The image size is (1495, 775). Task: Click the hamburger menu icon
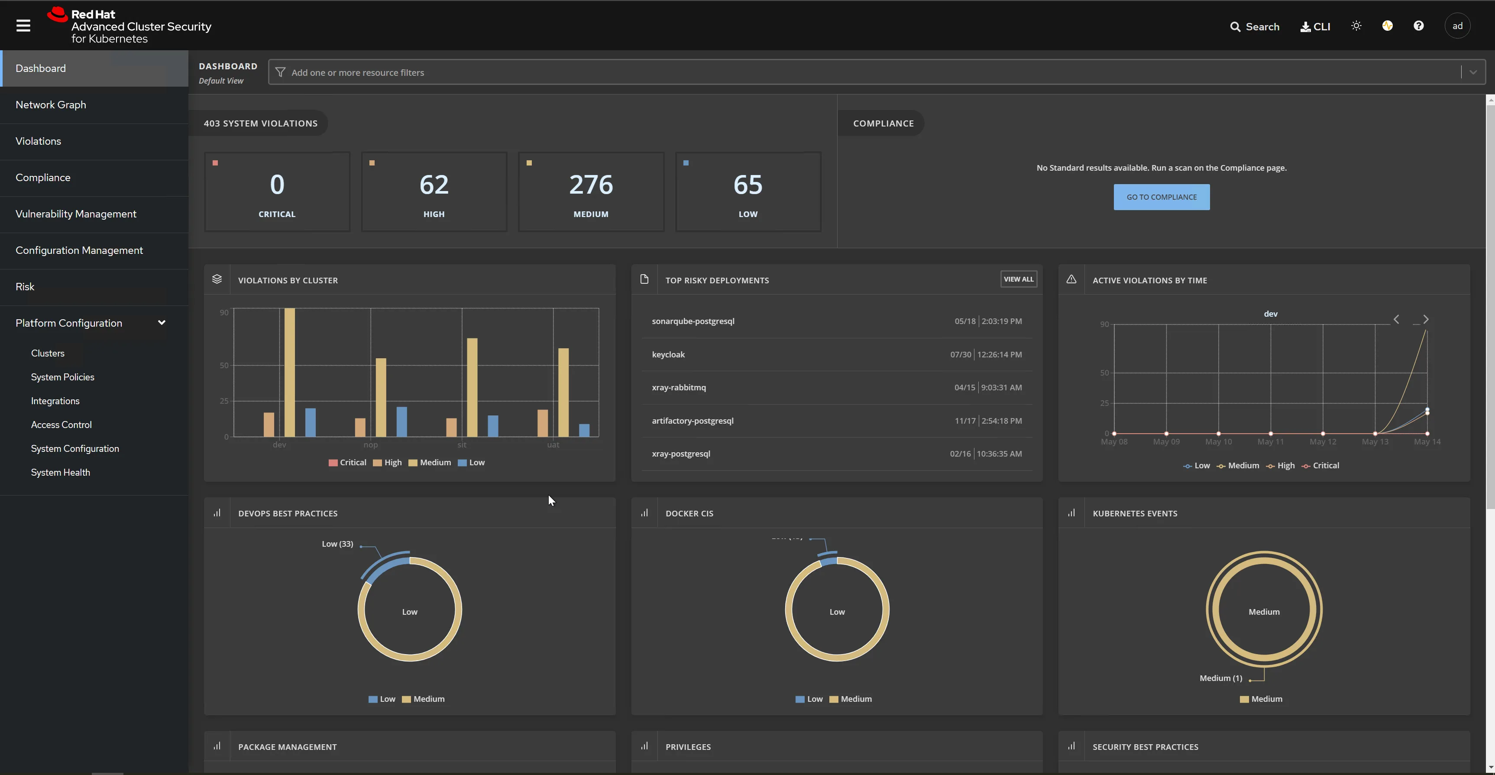coord(23,26)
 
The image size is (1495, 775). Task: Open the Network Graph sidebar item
coord(51,104)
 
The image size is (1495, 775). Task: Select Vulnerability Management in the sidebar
coord(76,214)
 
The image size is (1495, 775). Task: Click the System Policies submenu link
coord(63,377)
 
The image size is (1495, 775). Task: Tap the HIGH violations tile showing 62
coord(434,191)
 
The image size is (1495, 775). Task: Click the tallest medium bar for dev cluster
coord(289,372)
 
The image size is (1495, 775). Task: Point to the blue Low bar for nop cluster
coord(401,422)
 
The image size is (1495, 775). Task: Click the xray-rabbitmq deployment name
coord(679,387)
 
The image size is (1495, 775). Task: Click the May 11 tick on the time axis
coord(1270,442)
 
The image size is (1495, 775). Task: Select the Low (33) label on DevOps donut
coord(337,544)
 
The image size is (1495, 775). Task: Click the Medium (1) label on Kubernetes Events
coord(1220,678)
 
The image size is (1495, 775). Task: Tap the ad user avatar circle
coord(1457,26)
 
